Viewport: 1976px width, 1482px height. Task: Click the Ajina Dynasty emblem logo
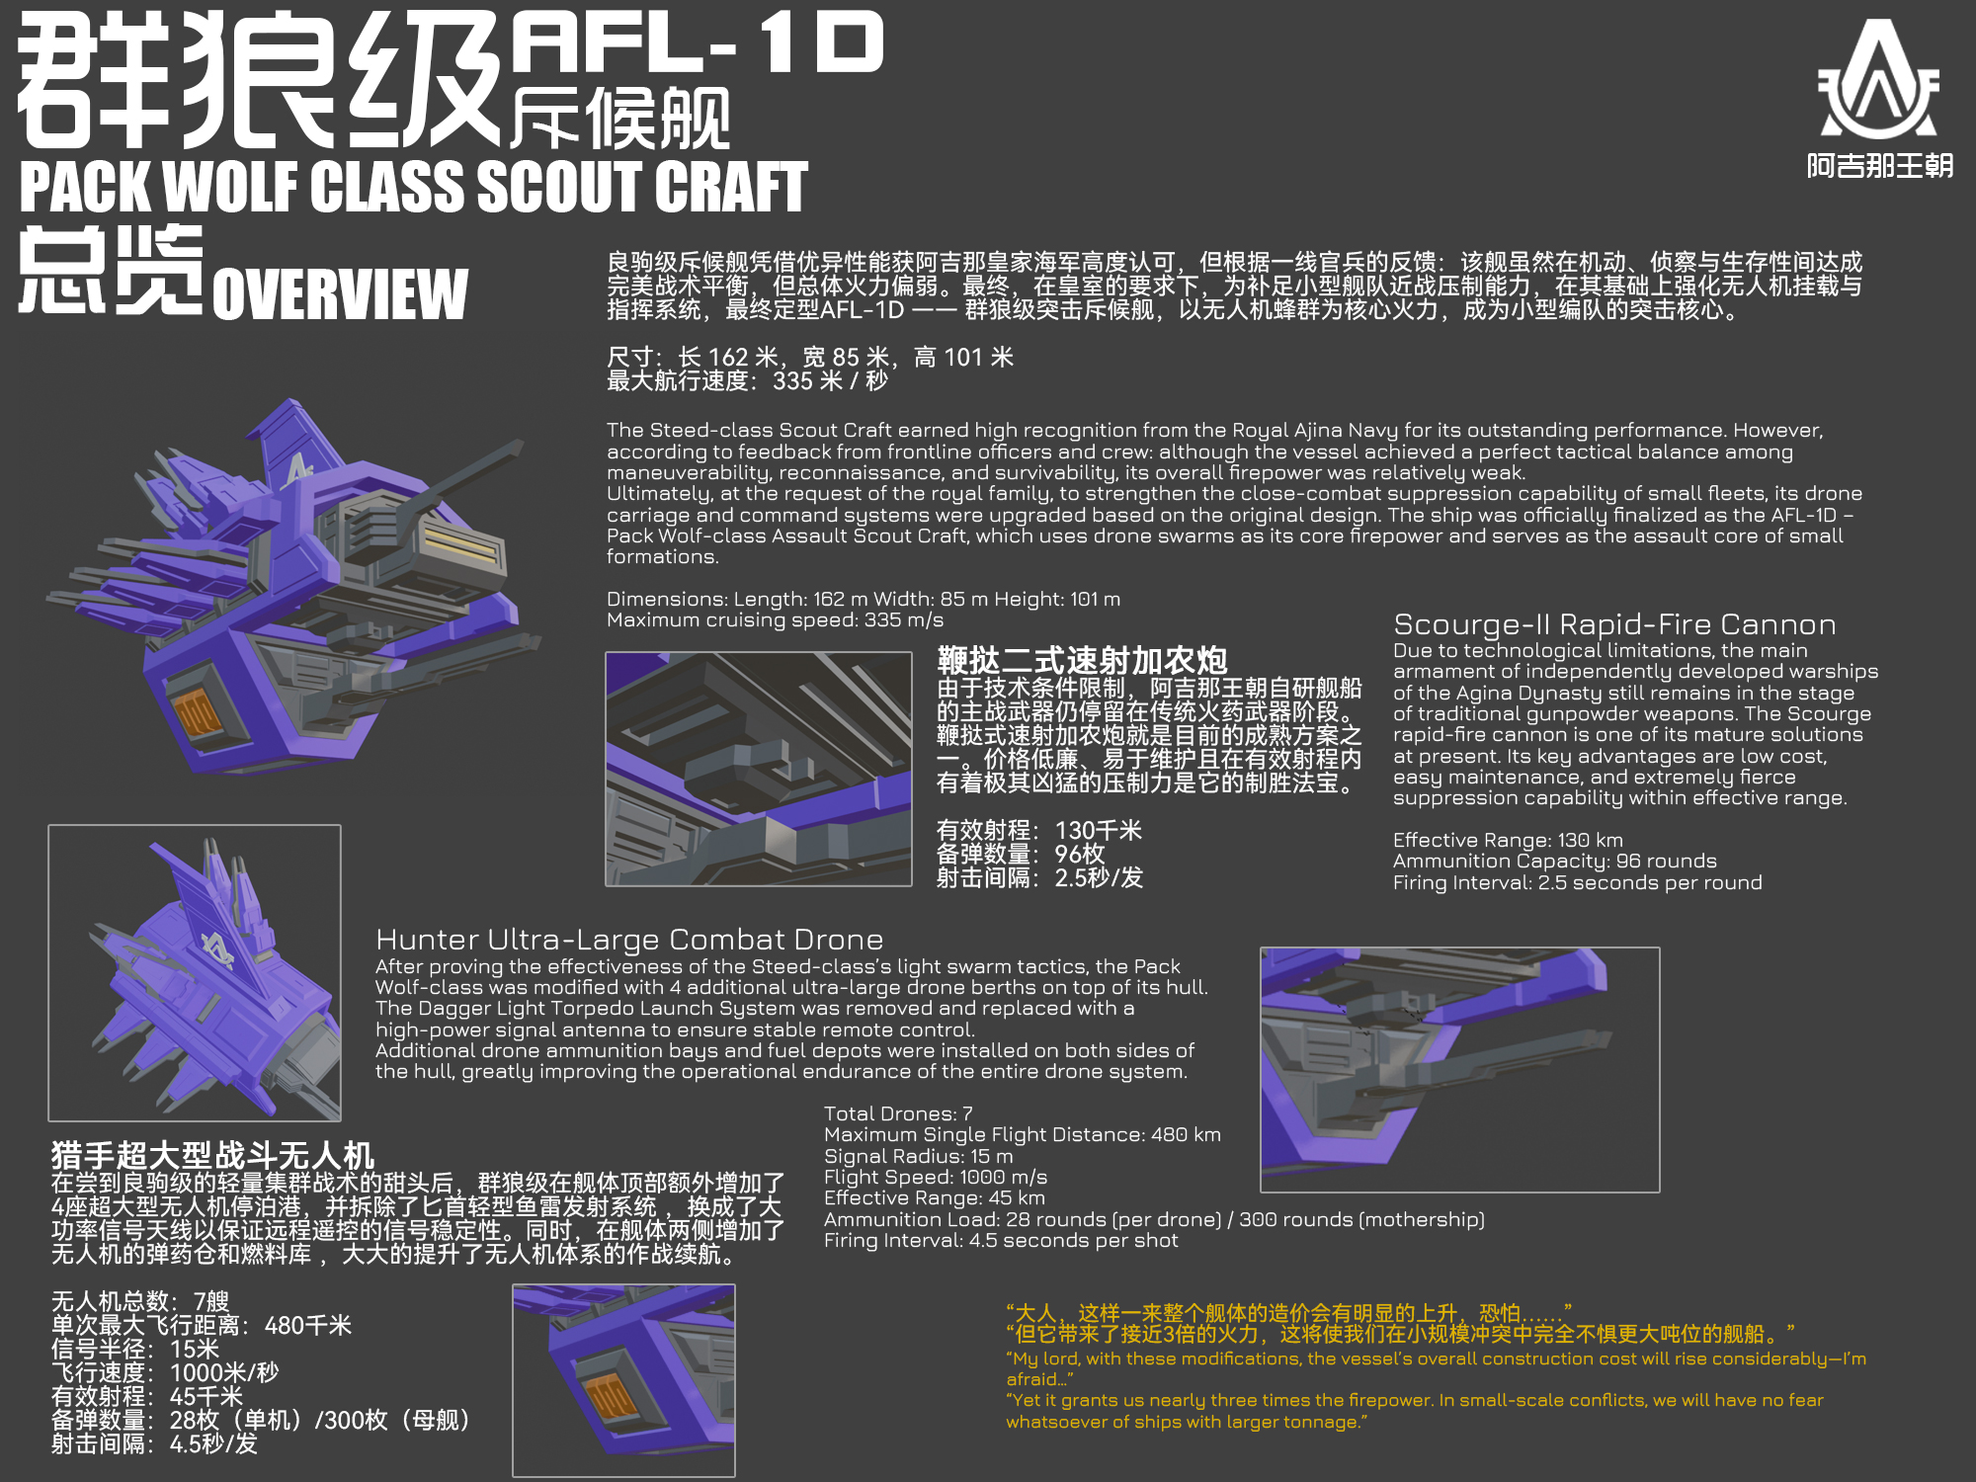[1879, 78]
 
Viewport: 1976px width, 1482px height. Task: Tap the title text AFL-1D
[698, 43]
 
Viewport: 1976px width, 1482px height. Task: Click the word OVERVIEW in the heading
[340, 293]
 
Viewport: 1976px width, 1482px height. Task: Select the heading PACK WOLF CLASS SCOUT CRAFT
[414, 187]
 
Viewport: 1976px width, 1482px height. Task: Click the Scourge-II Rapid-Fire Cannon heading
[1614, 624]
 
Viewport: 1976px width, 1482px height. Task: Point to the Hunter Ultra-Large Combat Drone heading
[629, 940]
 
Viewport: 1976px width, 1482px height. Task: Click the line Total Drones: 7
[898, 1113]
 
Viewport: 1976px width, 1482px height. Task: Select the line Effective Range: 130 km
[1508, 840]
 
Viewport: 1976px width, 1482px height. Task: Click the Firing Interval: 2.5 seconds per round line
[1577, 882]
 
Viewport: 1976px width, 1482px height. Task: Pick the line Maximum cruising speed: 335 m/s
[775, 619]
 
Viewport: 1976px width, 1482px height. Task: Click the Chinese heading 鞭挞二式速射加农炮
[1082, 660]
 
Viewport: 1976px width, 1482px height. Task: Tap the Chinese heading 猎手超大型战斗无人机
[212, 1155]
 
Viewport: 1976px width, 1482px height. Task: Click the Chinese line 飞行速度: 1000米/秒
[165, 1372]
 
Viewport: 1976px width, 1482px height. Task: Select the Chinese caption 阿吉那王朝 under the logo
[1880, 165]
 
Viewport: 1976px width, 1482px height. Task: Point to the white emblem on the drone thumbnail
[216, 949]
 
